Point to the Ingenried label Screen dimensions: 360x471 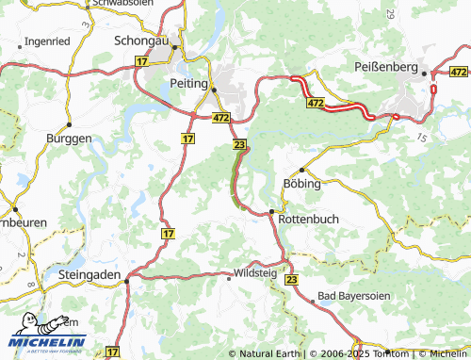click(47, 42)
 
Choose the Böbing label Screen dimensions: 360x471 click(303, 184)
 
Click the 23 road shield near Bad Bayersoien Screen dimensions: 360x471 click(291, 281)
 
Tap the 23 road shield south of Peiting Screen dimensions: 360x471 click(239, 144)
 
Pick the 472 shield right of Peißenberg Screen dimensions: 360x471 click(459, 72)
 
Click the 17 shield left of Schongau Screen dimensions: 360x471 click(142, 60)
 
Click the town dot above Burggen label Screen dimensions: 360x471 click(69, 123)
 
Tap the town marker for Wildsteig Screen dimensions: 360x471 click(229, 277)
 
